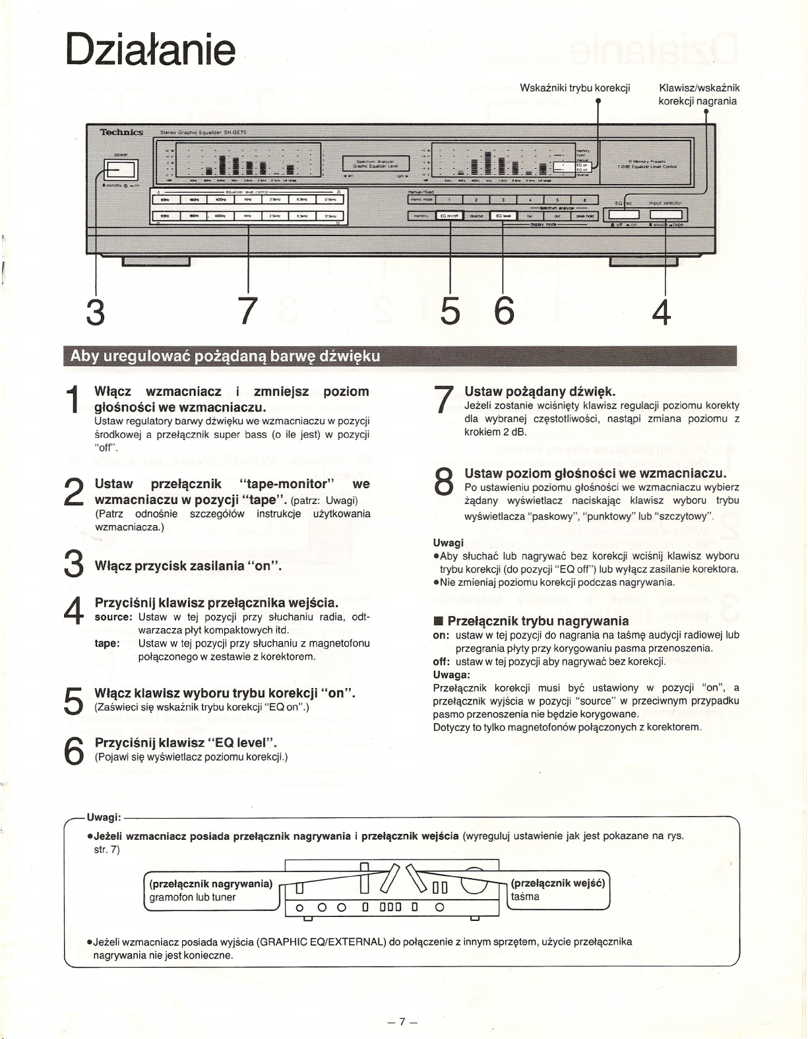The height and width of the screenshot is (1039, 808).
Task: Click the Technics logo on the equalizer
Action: point(121,133)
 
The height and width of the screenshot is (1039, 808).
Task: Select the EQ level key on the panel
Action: point(503,216)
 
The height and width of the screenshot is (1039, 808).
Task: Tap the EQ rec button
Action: point(623,214)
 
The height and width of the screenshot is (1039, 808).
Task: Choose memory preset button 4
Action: point(530,200)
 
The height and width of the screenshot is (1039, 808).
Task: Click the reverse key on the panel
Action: point(477,216)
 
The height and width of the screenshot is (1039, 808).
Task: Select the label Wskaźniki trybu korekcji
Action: point(575,88)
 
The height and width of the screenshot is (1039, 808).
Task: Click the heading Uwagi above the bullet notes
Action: point(448,542)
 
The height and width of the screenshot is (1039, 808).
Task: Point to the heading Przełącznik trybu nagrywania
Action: point(538,621)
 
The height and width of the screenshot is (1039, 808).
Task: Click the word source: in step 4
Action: point(115,617)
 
